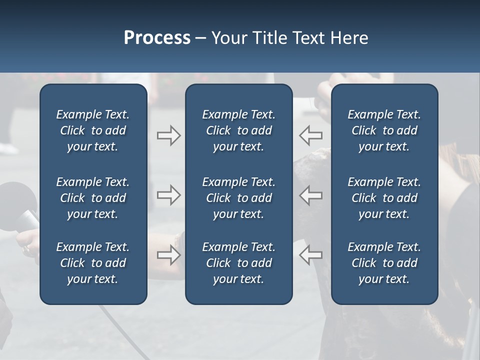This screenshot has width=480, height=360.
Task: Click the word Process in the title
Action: [x=157, y=38]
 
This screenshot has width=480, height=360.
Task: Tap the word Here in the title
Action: [x=349, y=38]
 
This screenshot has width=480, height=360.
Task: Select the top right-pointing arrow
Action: [x=168, y=135]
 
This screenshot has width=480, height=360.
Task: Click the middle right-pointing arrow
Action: [x=168, y=195]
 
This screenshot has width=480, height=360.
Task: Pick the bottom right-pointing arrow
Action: [x=168, y=255]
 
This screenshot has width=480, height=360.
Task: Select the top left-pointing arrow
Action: [x=311, y=135]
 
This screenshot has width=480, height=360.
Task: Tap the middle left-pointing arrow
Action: [x=311, y=195]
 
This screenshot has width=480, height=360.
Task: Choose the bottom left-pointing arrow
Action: [x=311, y=255]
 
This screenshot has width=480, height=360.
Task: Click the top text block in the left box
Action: [x=93, y=130]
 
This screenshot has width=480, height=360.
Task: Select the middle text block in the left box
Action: [x=93, y=198]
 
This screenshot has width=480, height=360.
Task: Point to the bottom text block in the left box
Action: [x=93, y=263]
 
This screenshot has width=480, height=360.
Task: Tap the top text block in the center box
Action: [x=238, y=130]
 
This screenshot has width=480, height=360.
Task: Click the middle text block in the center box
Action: [x=238, y=198]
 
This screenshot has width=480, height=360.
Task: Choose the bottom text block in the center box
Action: [x=238, y=263]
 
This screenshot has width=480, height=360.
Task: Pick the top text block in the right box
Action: [x=384, y=130]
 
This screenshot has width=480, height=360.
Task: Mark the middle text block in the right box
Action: [x=384, y=198]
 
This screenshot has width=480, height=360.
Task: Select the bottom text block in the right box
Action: [x=384, y=263]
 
